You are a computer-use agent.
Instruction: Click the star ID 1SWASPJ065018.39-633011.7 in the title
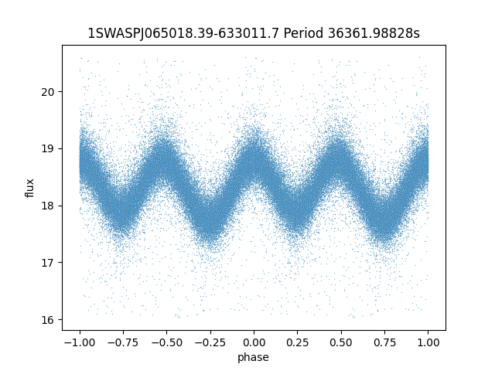183,33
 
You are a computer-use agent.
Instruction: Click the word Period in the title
304,33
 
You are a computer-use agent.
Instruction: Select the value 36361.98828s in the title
374,33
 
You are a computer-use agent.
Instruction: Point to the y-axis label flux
29,188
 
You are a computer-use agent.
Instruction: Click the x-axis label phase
253,357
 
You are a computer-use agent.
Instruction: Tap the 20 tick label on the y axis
48,92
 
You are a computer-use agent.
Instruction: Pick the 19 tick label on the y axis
48,148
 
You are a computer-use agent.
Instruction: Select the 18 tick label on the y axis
48,206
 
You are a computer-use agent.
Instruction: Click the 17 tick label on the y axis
48,263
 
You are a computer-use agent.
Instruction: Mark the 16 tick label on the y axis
48,319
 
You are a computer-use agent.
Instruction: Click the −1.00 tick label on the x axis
80,342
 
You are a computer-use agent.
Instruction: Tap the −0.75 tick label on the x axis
123,342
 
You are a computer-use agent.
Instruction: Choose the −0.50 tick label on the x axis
167,342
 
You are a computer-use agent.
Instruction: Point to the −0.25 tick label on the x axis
210,342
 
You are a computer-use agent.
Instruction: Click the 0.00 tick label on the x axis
254,342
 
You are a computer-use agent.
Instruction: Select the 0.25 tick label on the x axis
297,342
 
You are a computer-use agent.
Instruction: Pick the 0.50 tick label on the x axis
341,342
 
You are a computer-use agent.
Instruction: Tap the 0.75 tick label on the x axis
384,342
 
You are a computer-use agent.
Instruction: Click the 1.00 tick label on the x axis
428,342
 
